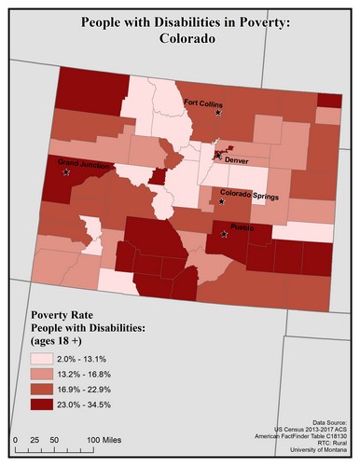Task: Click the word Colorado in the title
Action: point(180,41)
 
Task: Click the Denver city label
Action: point(239,159)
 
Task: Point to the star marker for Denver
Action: point(217,155)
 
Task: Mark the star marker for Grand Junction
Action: point(66,172)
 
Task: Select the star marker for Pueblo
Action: point(224,235)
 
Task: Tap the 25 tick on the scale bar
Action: point(35,438)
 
